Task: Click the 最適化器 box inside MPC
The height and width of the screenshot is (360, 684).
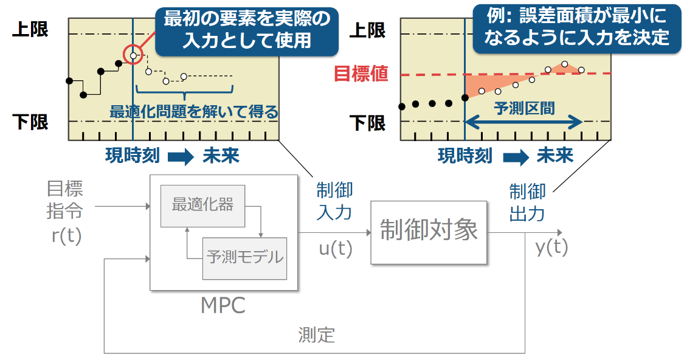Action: point(202,204)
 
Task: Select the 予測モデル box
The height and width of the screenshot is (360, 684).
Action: point(244,257)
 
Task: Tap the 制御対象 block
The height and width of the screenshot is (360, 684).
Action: point(429,232)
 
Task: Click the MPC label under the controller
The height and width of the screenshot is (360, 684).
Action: point(223,305)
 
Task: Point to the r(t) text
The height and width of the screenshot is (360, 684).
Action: point(66,235)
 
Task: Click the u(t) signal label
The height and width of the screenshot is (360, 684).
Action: point(336,249)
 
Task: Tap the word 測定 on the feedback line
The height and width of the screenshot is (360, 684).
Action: point(316,334)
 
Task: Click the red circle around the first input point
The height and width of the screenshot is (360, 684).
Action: point(133,55)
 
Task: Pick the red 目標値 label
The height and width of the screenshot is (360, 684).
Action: point(361,74)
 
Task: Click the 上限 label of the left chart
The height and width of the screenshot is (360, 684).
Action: point(30,29)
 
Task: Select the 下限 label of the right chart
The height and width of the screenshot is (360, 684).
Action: point(368,123)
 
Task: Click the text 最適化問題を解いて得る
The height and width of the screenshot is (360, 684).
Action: point(193,112)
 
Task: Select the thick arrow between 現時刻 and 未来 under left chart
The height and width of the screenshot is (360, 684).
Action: point(180,157)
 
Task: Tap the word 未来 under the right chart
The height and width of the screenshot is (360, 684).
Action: point(554,156)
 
